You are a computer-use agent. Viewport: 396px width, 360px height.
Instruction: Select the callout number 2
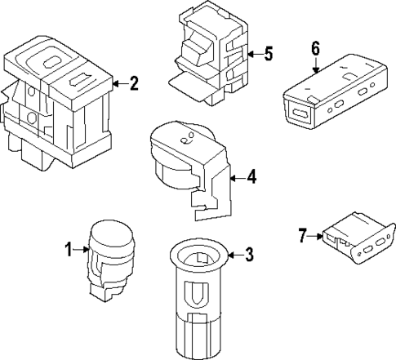tap(134, 82)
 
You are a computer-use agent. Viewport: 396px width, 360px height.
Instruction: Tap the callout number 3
tap(249, 256)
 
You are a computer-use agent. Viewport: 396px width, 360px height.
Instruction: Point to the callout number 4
tap(252, 176)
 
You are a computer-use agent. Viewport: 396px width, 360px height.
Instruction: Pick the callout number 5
tap(269, 55)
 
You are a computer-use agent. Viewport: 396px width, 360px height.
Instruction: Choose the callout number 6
tap(315, 47)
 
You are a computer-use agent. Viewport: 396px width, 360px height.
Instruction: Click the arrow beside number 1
tap(82, 250)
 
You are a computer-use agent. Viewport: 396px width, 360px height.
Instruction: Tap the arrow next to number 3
tap(233, 256)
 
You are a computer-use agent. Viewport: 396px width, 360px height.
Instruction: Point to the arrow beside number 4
tap(237, 176)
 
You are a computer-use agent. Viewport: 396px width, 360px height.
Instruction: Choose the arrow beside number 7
tap(315, 237)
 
